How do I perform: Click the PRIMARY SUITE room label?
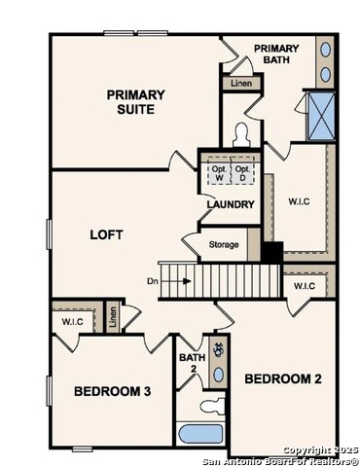click(135, 101)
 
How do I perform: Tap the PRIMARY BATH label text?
click(277, 54)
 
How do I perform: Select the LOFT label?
click(106, 234)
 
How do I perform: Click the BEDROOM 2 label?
click(282, 378)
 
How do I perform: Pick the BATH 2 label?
click(191, 363)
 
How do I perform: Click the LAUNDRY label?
click(231, 205)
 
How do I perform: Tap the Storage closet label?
click(223, 244)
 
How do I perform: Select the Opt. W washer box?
click(219, 172)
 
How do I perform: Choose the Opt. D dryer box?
click(243, 172)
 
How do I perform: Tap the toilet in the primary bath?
click(241, 133)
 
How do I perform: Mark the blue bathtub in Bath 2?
click(201, 433)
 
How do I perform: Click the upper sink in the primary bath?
click(325, 50)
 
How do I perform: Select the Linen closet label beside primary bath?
click(240, 84)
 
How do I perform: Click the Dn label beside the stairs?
click(153, 281)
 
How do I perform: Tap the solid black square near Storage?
click(271, 251)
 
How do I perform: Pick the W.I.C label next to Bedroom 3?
click(72, 320)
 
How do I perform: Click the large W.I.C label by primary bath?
click(299, 202)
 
